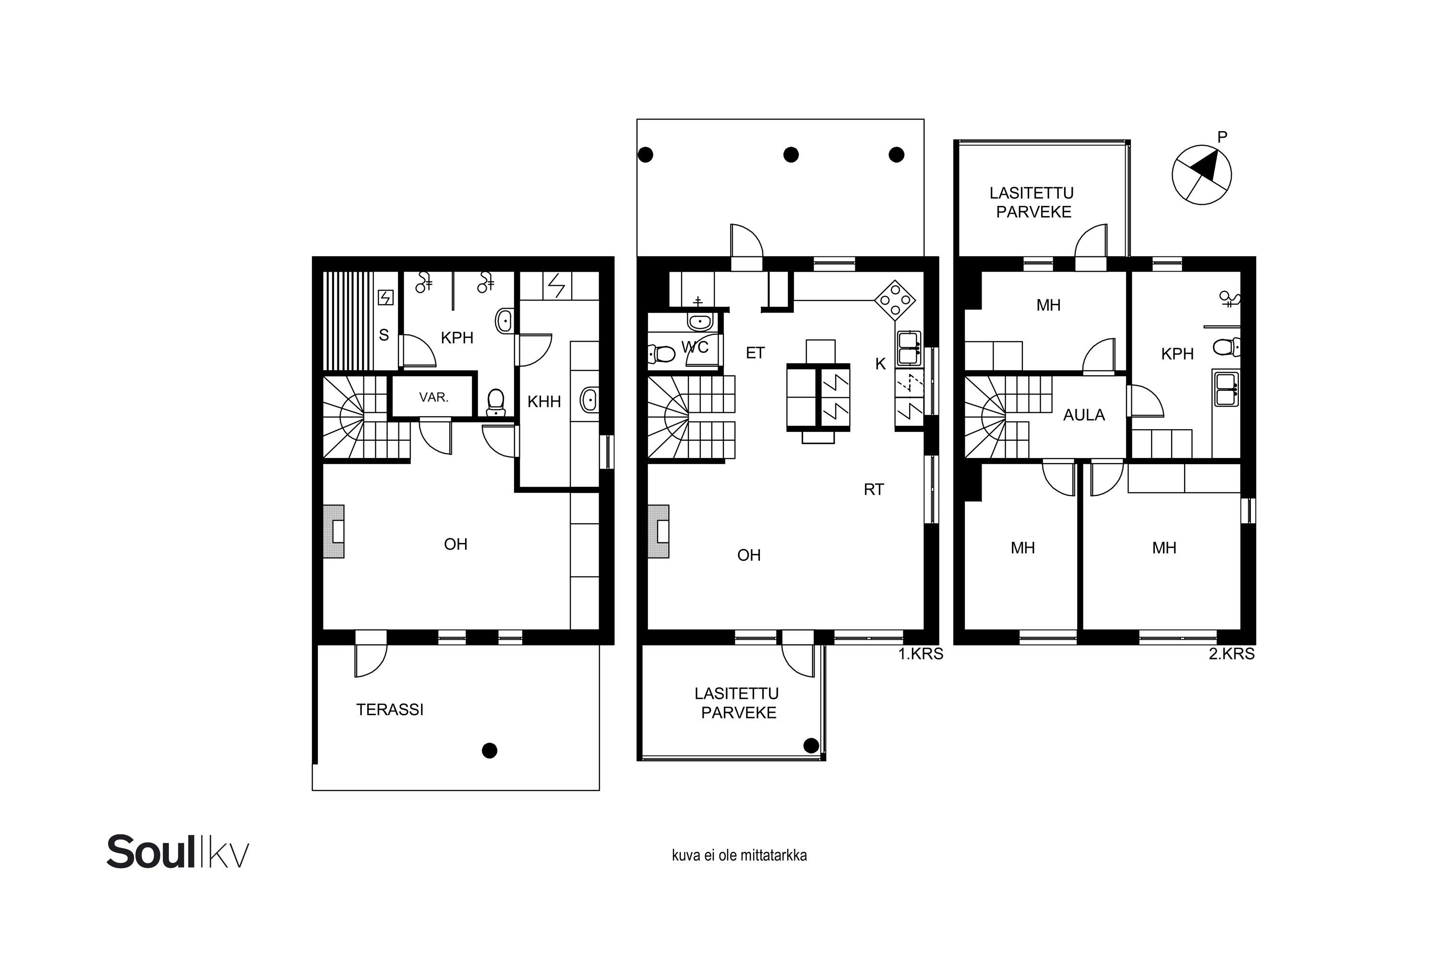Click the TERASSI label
point(389,709)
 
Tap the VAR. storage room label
point(433,397)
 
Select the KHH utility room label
point(544,402)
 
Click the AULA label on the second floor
point(1084,415)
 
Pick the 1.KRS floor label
point(920,654)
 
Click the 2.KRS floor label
point(1231,654)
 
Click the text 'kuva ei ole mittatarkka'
point(739,855)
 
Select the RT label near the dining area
point(874,490)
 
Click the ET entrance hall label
point(755,353)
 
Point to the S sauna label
point(384,336)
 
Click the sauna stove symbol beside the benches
point(386,298)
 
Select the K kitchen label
point(880,364)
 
